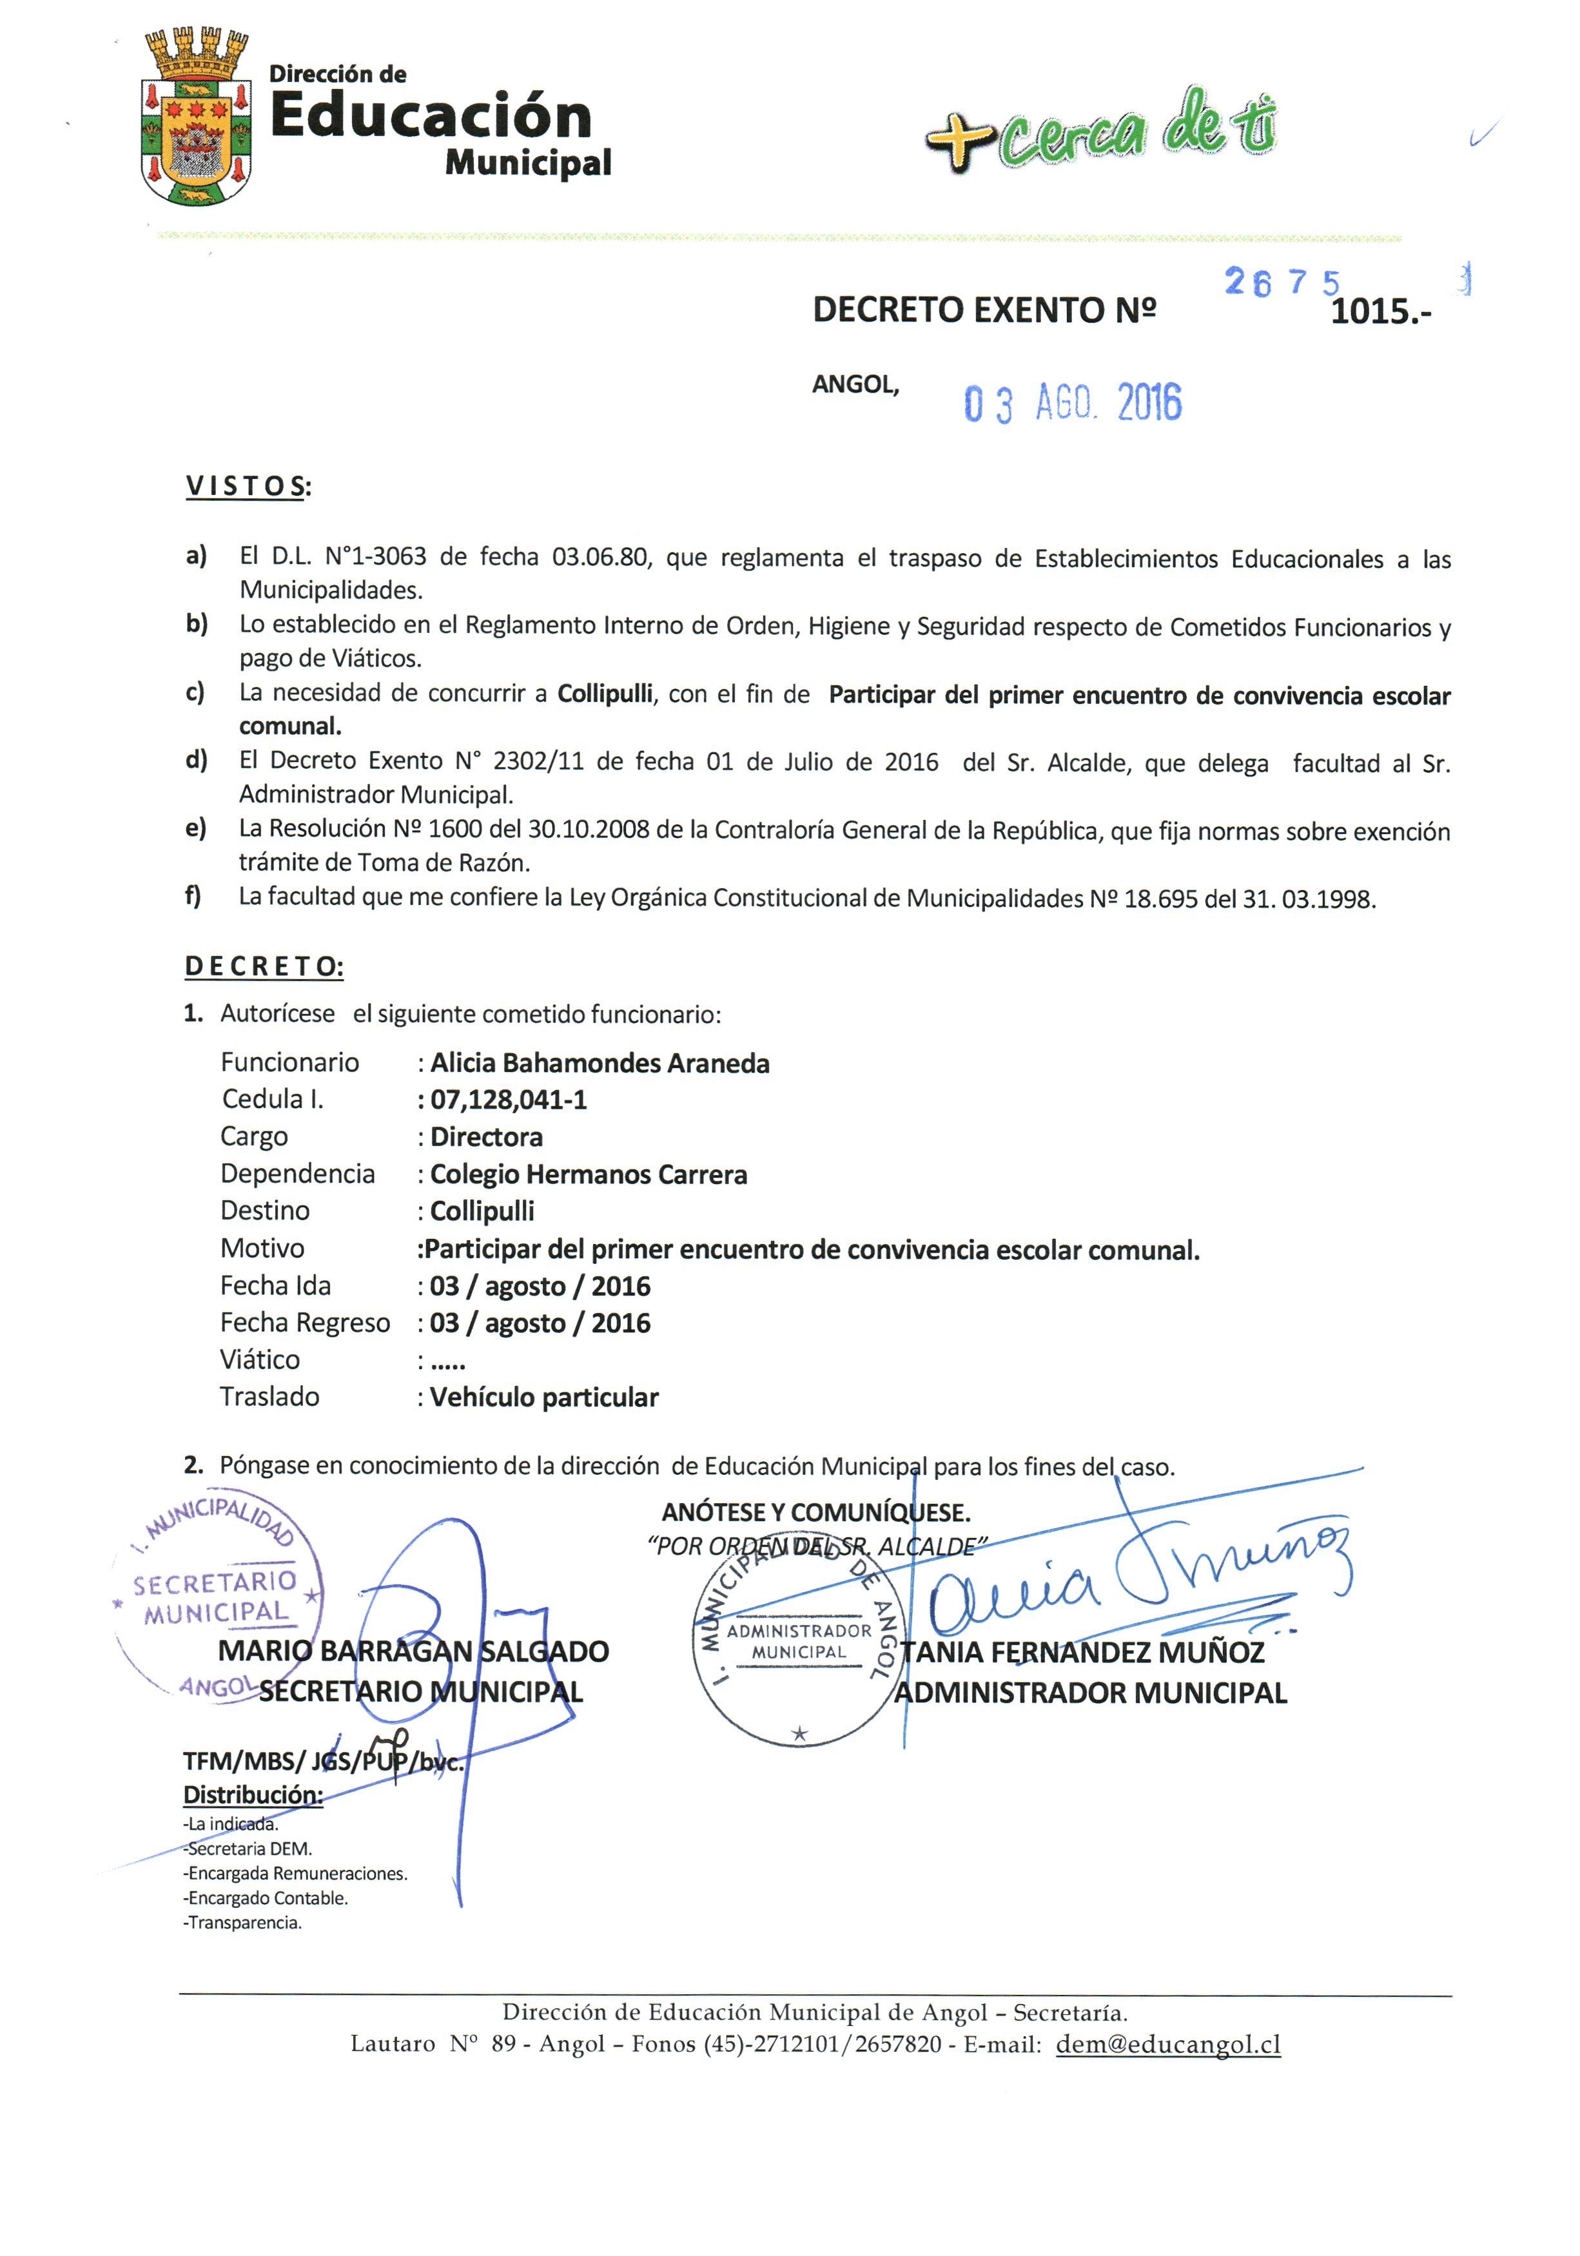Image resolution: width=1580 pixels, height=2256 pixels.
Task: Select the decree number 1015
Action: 1379,311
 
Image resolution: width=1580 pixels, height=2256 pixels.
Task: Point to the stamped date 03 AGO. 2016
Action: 1072,403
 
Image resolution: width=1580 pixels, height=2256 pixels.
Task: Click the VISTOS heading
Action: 248,487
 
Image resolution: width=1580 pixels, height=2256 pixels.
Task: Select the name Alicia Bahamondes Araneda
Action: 600,1063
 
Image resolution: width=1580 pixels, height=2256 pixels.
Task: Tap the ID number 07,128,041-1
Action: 508,1100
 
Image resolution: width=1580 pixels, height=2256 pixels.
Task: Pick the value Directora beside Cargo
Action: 487,1137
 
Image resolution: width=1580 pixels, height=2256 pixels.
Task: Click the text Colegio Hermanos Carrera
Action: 589,1174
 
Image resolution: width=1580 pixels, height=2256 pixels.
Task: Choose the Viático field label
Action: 259,1360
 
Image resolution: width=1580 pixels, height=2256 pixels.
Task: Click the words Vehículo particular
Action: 544,1397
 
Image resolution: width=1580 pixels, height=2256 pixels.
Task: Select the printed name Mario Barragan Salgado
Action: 413,1651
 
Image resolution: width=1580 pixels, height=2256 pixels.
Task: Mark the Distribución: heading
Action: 253,1794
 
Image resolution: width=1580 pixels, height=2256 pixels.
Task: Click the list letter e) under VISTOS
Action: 195,828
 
